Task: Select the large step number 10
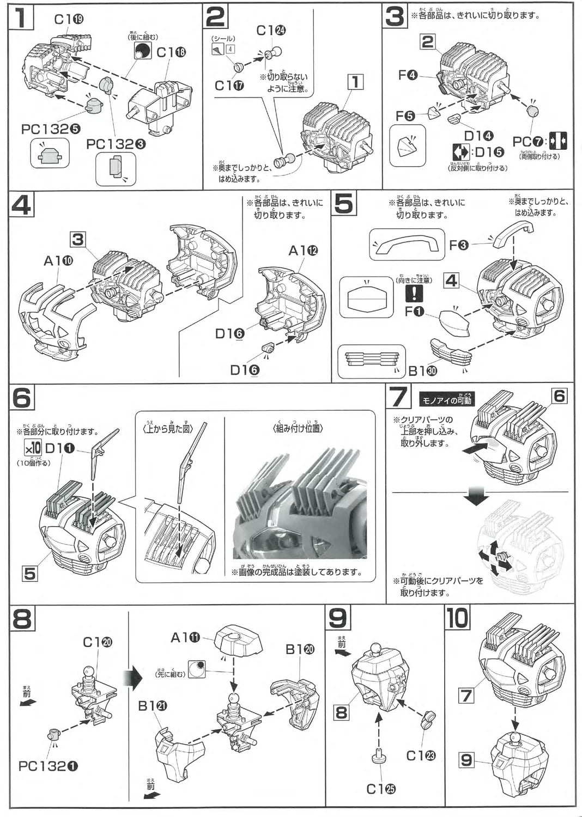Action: click(457, 618)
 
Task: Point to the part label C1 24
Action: click(271, 31)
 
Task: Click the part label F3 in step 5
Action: click(459, 245)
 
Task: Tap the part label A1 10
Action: click(58, 261)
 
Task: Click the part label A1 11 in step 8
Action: click(186, 637)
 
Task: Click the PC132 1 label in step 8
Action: click(47, 766)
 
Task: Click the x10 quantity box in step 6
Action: click(32, 448)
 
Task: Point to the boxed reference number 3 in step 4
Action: click(77, 239)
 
